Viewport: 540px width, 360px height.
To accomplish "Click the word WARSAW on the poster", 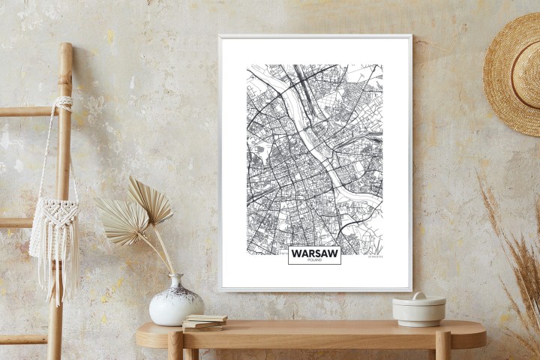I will (314, 253).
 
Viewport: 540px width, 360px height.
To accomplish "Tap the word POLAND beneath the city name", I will (314, 261).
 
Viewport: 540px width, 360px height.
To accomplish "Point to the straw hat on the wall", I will (513, 74).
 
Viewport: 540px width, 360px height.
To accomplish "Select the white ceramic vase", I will (175, 304).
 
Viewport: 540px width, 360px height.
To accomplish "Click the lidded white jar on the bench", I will (418, 310).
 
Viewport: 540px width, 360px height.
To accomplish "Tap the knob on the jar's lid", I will (418, 295).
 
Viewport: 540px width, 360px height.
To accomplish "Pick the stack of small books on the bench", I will (204, 322).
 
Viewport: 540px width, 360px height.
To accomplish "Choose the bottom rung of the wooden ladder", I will (22, 339).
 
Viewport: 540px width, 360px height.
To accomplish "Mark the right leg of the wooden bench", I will (442, 347).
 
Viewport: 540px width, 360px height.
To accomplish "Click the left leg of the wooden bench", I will (175, 347).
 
